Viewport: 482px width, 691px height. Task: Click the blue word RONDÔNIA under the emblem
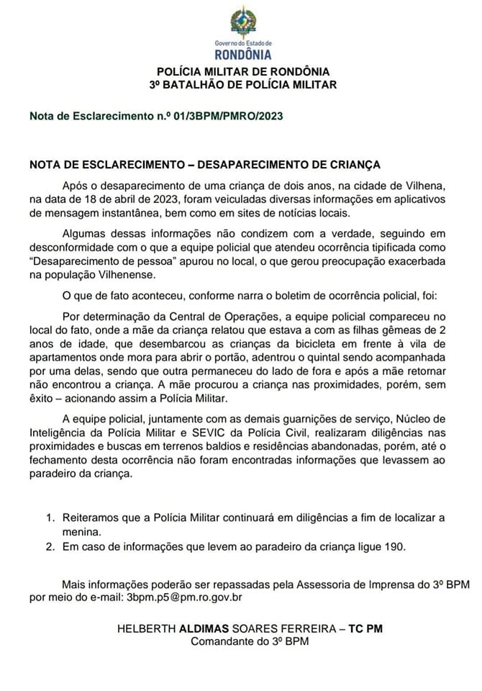[243, 55]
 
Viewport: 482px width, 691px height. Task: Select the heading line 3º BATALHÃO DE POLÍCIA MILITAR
[243, 84]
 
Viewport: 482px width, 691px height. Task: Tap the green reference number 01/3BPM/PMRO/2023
[229, 116]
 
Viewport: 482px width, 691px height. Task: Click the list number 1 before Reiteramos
[50, 518]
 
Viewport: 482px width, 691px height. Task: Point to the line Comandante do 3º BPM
[250, 641]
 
